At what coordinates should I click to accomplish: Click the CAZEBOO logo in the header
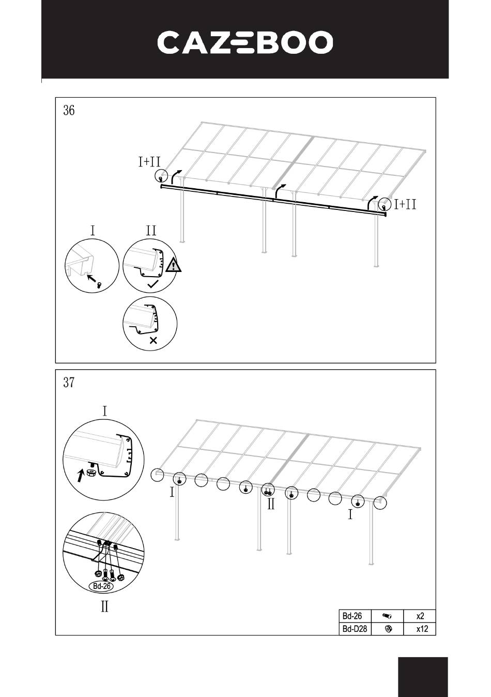245,42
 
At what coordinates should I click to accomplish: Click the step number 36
69,110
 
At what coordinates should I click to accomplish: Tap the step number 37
69,383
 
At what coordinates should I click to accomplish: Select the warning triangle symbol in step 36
173,265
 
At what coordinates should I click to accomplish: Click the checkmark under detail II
152,284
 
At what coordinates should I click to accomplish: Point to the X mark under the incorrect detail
154,341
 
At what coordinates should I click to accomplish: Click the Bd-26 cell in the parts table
355,615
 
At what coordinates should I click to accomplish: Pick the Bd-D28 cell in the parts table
355,629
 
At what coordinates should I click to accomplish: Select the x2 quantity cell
420,615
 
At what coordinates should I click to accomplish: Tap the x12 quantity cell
420,629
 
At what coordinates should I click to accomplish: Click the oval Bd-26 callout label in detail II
101,586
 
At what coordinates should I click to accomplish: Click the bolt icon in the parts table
387,615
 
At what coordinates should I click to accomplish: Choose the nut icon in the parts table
388,629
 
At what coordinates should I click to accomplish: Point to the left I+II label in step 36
149,162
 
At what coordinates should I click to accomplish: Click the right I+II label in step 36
405,204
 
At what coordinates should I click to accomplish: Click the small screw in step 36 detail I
100,284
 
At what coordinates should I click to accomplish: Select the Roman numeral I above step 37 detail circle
105,411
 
